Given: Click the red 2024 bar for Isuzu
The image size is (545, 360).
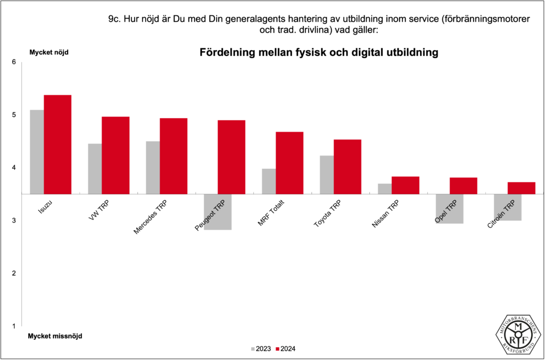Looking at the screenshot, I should (57, 144).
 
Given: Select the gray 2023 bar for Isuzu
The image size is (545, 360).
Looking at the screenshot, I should (37, 152).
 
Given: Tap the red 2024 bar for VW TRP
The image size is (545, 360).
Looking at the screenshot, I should (115, 155).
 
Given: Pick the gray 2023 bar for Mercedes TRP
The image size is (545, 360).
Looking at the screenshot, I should (153, 167).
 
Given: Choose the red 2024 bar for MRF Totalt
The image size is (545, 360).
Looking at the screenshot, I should (290, 162).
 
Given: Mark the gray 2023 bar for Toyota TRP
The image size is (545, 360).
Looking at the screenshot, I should (326, 175).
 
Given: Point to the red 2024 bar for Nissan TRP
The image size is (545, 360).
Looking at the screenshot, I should (406, 185).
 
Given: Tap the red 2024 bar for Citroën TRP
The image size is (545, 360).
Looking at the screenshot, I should (521, 187).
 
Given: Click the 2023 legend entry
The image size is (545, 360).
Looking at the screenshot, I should (260, 349).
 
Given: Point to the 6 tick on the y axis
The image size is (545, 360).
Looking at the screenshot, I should (14, 62).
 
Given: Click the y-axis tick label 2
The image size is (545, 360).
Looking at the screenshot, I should (14, 273).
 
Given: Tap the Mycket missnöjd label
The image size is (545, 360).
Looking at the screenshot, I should (55, 336).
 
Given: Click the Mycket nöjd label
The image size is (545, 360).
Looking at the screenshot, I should (49, 52).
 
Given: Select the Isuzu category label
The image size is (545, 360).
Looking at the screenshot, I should (45, 207).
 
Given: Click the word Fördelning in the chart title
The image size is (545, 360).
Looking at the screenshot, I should (226, 53).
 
